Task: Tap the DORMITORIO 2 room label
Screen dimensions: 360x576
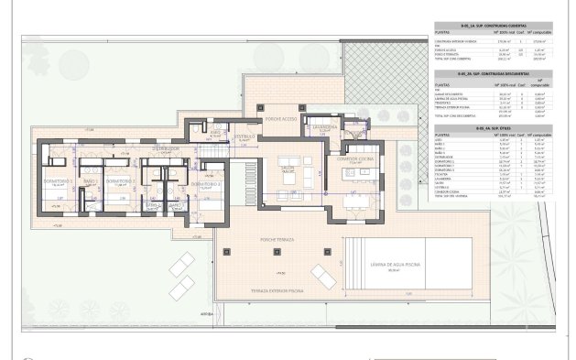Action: point(118,181)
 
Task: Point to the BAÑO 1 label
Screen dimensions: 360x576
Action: point(90,181)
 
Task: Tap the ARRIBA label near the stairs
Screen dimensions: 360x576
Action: point(193,311)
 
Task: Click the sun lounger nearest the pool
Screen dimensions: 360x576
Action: point(322,273)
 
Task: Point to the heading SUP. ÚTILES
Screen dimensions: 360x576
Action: point(491,128)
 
